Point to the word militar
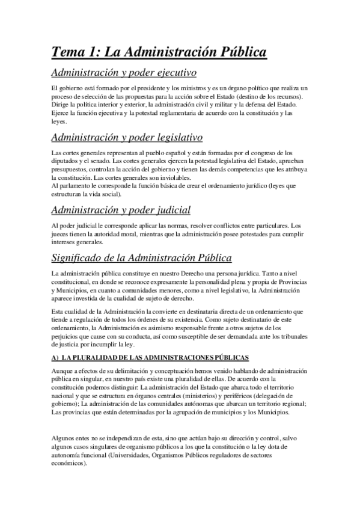tap(229, 105)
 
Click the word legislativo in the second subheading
tap(174, 138)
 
